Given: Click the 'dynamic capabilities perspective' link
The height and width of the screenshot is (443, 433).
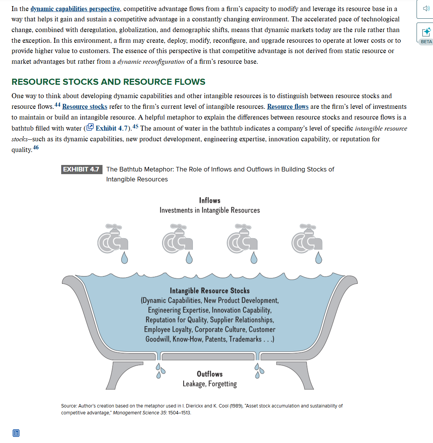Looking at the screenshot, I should [x=75, y=9].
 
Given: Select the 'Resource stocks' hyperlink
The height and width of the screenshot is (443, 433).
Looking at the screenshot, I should [x=85, y=107].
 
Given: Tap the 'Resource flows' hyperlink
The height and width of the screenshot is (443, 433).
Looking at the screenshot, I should [x=288, y=107].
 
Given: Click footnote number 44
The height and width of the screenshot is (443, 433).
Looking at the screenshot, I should [x=57, y=105].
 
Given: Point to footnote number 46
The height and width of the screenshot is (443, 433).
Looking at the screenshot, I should [x=36, y=147].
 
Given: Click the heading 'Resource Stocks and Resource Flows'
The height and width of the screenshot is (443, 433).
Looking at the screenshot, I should [x=108, y=82].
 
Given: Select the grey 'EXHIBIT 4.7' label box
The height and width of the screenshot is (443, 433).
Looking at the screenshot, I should [x=81, y=169].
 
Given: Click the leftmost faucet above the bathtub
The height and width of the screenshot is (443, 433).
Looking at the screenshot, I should [x=112, y=239].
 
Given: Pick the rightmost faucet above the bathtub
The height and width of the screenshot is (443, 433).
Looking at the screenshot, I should [x=307, y=239].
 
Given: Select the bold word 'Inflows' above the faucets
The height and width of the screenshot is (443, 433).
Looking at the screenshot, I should [x=210, y=200].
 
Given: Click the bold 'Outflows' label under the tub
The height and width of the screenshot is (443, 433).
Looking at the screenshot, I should [x=210, y=374].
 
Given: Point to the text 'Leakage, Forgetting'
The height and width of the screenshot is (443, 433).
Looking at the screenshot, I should [x=210, y=384].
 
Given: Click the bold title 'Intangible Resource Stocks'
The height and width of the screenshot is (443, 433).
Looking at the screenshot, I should [x=210, y=291].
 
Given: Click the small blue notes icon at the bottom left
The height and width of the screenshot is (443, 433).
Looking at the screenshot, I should [x=16, y=433].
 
